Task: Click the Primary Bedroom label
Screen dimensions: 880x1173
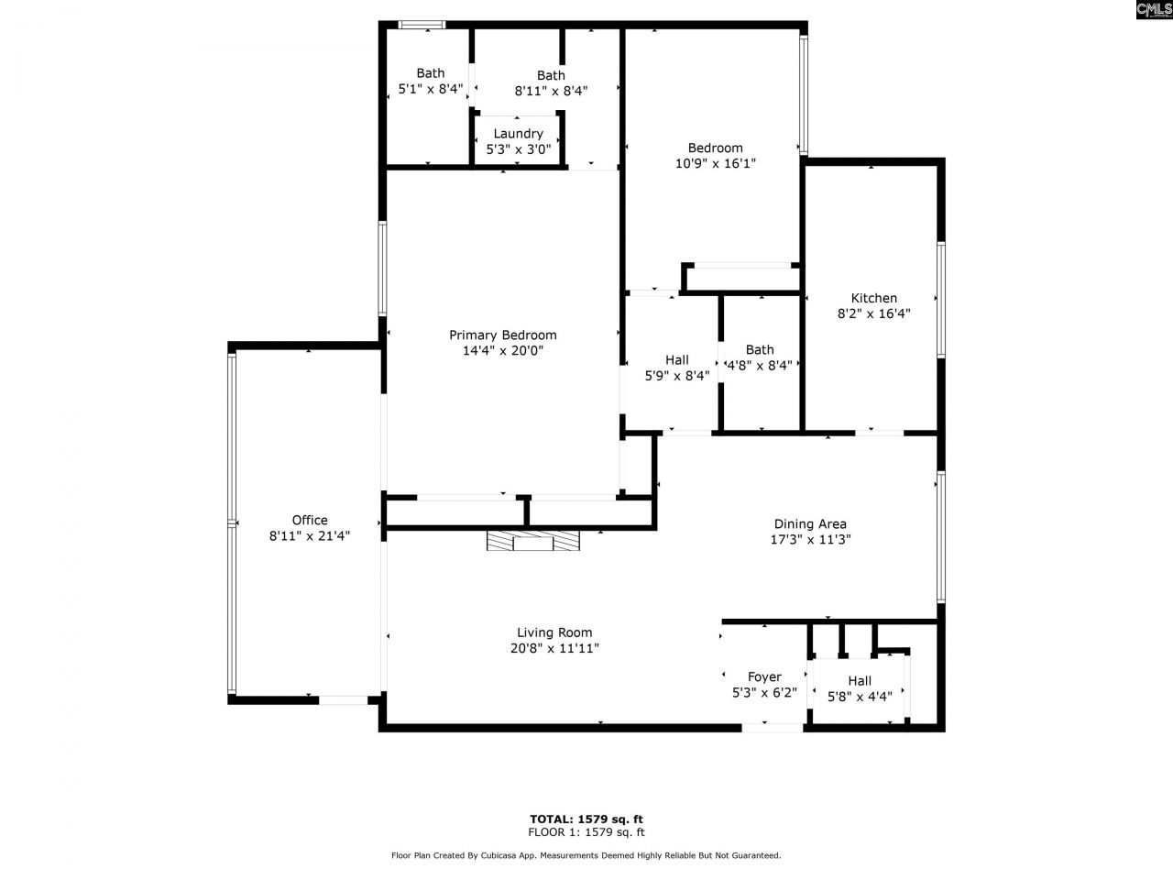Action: pos(502,335)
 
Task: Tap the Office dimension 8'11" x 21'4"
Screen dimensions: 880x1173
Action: pos(310,536)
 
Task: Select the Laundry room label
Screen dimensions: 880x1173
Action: pos(518,134)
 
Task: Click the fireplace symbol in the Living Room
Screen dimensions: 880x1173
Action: pos(533,542)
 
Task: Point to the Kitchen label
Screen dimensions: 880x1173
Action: pos(873,298)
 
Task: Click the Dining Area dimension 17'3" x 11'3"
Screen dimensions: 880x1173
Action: pos(810,540)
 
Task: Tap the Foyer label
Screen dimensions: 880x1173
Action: pos(764,677)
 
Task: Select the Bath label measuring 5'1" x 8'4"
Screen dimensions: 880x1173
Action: pos(430,73)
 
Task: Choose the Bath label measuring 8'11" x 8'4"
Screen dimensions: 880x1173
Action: pos(551,75)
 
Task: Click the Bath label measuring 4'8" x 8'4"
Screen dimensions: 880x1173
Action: pos(759,349)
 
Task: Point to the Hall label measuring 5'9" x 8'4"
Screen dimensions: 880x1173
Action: pos(676,359)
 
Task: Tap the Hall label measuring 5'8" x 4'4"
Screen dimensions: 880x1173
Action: pos(859,680)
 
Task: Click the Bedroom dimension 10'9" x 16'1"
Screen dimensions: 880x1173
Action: pos(715,163)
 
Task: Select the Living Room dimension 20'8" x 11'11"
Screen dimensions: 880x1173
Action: pos(554,648)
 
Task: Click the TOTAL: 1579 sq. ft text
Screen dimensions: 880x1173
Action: pos(586,819)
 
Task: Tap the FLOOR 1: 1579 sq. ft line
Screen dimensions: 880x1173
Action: pos(586,832)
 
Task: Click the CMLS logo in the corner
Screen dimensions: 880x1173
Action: pos(1153,10)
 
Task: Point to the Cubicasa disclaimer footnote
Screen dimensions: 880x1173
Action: pos(586,855)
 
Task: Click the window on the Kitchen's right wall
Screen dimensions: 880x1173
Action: pos(940,299)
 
